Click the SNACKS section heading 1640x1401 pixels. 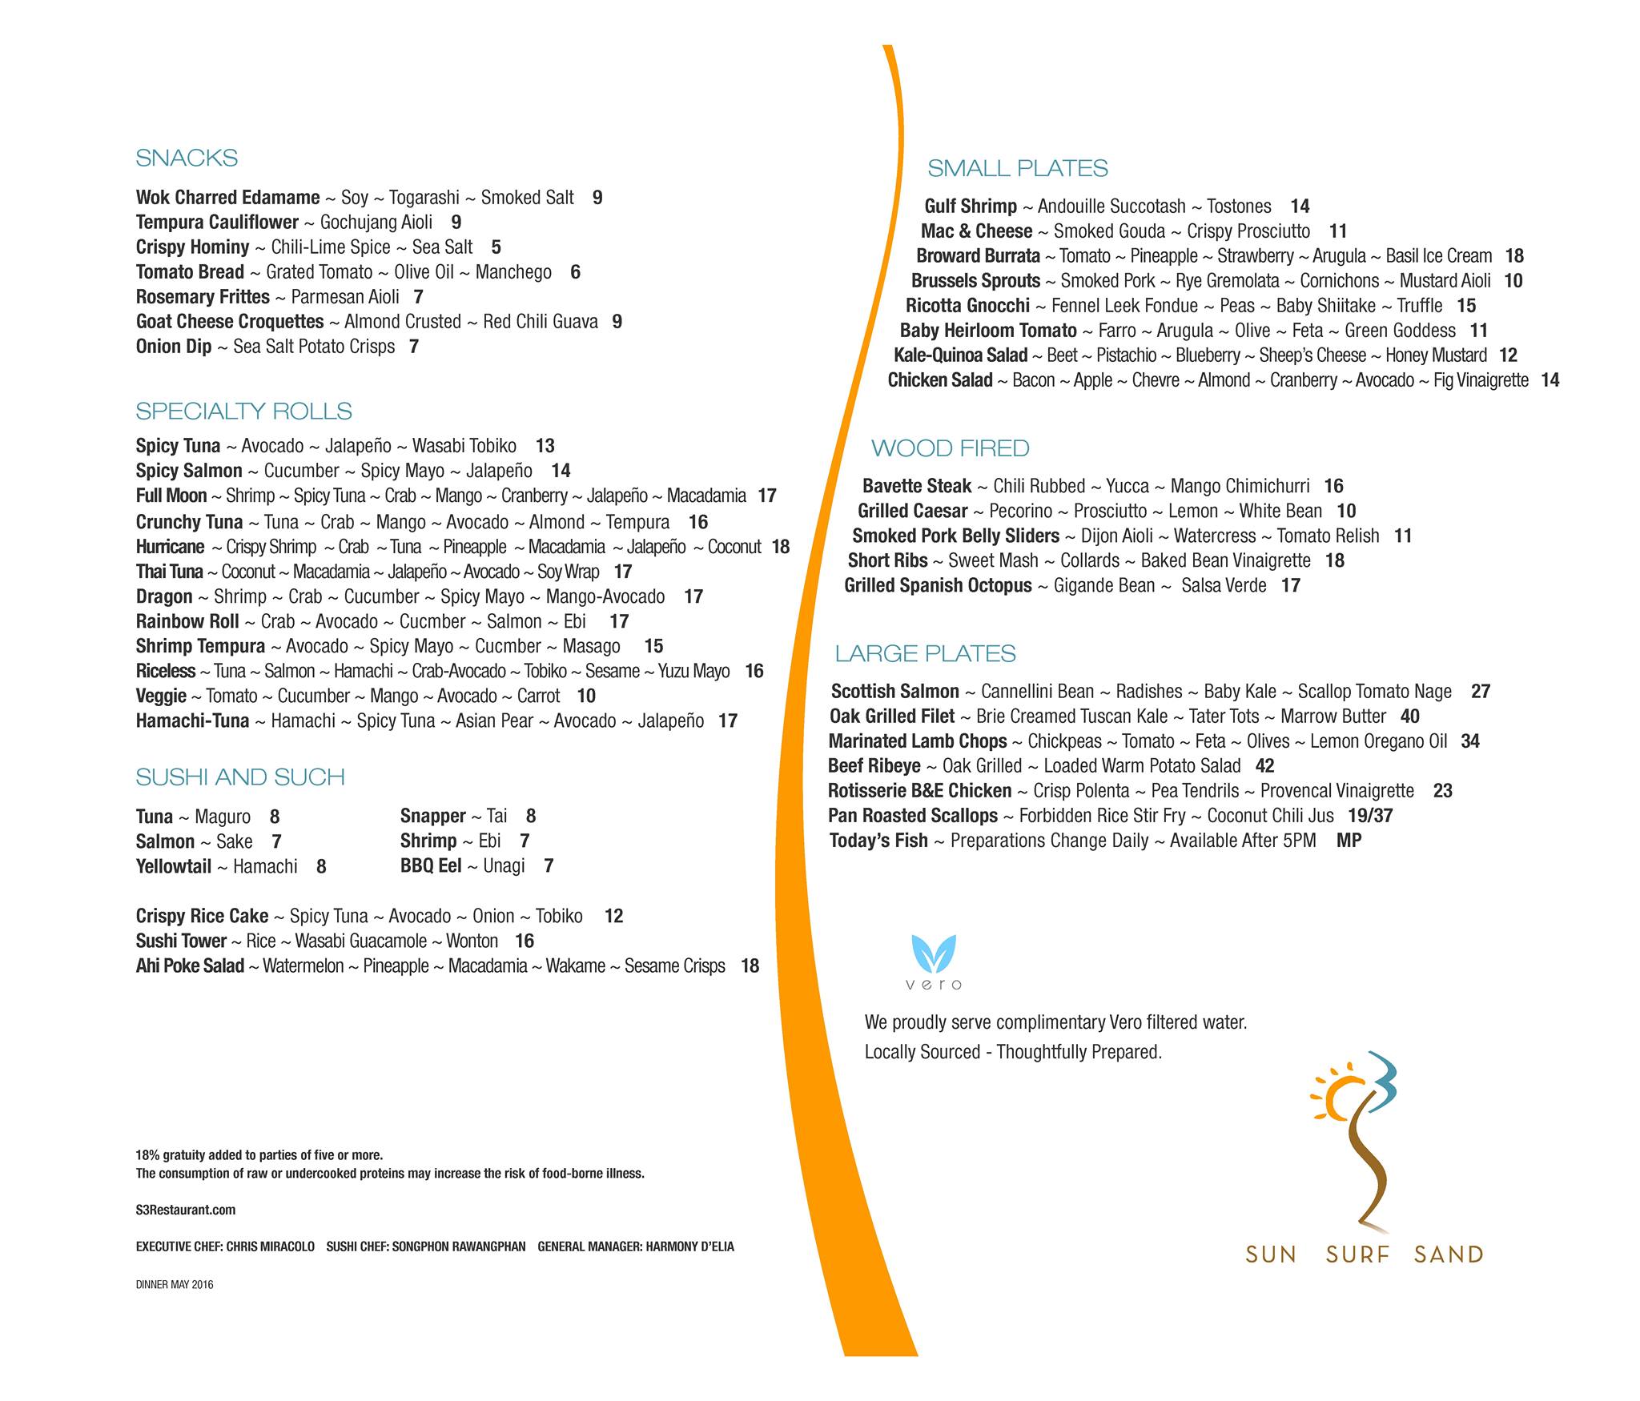point(187,158)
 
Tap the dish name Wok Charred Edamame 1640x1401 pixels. point(227,198)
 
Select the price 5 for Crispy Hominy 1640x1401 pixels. point(496,247)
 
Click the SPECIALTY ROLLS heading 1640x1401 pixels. point(243,411)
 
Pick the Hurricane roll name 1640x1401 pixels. point(170,547)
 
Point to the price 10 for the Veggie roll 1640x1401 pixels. point(586,696)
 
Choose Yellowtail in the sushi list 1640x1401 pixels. point(173,866)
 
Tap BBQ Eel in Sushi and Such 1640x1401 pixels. point(431,865)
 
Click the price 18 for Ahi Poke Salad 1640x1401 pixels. point(750,965)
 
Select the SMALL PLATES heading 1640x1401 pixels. point(1017,168)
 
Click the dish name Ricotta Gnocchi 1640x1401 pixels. point(967,306)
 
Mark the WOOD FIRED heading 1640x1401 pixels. point(950,448)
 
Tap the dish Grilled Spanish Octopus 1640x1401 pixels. point(938,585)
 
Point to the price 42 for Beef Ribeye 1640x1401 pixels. point(1264,766)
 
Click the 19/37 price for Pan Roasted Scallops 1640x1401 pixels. point(1370,816)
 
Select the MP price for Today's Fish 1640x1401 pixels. point(1349,841)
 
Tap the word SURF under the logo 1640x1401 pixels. point(1357,1254)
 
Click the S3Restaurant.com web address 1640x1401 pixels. point(186,1210)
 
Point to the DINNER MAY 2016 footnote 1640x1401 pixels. point(175,1285)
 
